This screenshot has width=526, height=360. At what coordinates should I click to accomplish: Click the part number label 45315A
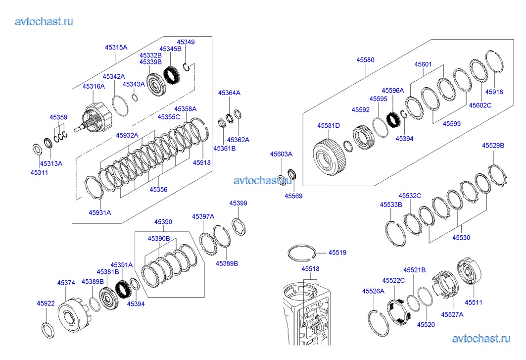point(116,48)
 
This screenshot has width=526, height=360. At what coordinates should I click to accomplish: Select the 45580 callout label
point(365,60)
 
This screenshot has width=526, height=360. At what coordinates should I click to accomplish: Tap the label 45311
point(39,172)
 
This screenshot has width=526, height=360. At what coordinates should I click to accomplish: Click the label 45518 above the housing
point(310,269)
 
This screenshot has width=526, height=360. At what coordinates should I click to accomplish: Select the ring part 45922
point(48,330)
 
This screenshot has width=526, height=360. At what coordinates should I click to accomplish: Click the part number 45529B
point(493,146)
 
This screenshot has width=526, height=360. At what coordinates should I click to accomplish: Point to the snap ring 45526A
point(378,323)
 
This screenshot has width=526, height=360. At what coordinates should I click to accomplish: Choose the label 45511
point(474,302)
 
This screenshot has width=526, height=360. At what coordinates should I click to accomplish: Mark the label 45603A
point(281,154)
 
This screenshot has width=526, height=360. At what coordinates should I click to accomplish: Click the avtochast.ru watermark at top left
point(44,21)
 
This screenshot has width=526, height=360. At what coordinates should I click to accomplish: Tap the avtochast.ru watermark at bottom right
point(481,339)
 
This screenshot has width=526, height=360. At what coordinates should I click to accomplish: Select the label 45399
point(238,203)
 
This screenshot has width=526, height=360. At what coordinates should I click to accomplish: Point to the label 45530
point(461,237)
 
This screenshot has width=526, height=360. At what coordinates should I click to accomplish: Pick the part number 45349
point(186,42)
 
